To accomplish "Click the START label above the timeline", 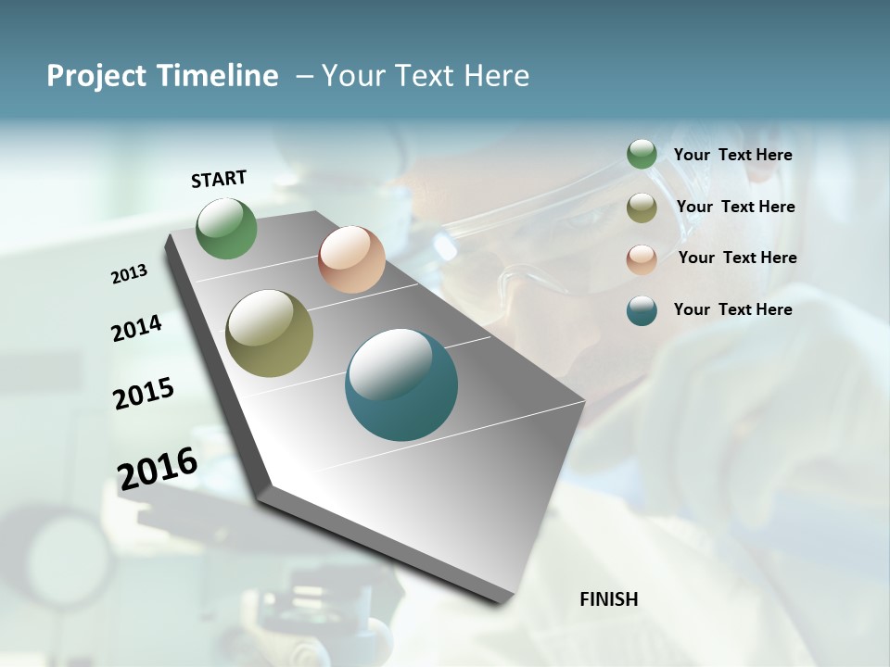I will (x=219, y=179).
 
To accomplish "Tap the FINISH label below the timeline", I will (x=609, y=599).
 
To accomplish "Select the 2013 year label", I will (x=130, y=273).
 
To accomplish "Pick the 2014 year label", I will (x=137, y=328).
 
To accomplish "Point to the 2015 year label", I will (x=144, y=394).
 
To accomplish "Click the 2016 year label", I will (x=158, y=468).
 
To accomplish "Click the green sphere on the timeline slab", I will (x=227, y=229).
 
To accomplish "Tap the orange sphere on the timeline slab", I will (x=351, y=259).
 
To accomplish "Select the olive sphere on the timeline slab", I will (x=270, y=333).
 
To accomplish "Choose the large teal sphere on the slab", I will (x=401, y=384).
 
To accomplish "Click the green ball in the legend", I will (x=642, y=155).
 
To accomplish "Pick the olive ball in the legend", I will (x=642, y=208).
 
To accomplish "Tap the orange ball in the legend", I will (x=642, y=259).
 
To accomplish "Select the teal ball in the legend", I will (x=642, y=310).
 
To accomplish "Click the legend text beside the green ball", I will (x=733, y=156).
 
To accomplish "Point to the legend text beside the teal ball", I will (x=733, y=309).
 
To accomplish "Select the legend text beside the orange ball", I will (x=738, y=258).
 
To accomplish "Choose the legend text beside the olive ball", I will (x=736, y=207).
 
